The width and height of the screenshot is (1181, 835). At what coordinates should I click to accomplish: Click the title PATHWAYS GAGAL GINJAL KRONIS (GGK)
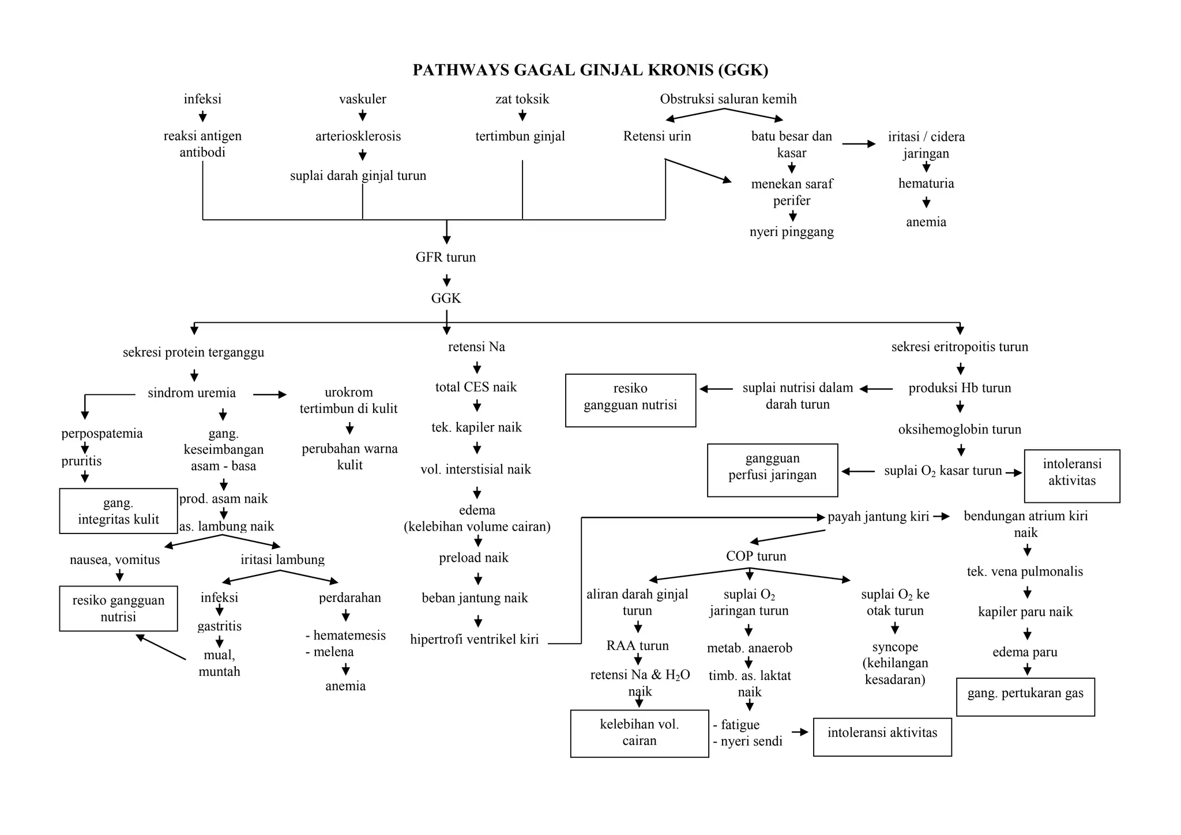[590, 70]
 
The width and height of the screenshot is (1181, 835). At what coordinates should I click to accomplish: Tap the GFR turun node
[446, 257]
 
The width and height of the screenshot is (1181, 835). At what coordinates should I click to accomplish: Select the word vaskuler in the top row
[363, 99]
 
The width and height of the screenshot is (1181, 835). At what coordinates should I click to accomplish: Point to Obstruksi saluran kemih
[728, 99]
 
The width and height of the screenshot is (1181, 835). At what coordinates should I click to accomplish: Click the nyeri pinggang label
[792, 232]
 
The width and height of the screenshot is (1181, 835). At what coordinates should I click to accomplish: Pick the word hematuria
[926, 183]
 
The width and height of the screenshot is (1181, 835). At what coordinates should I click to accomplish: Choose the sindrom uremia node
[191, 393]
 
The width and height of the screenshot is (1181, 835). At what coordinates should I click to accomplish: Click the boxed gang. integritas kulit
[118, 511]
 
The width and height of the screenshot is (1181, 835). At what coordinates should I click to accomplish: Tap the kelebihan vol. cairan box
[639, 733]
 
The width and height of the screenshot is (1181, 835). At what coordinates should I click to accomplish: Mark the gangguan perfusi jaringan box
[772, 470]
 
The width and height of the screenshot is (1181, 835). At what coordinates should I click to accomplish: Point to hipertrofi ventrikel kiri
[475, 640]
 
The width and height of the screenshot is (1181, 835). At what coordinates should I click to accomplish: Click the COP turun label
[756, 556]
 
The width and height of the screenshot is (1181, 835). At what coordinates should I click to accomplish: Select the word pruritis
[81, 461]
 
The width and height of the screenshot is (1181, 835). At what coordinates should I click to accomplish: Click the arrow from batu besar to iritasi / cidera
[859, 144]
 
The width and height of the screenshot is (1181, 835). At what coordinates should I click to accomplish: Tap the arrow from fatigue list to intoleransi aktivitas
[800, 732]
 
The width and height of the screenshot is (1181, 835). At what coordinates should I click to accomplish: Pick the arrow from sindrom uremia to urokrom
[269, 394]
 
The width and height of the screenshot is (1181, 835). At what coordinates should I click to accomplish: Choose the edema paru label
[1025, 652]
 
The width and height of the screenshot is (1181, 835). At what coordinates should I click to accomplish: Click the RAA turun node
[637, 646]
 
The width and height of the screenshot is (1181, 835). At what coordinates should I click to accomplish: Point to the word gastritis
[219, 626]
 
